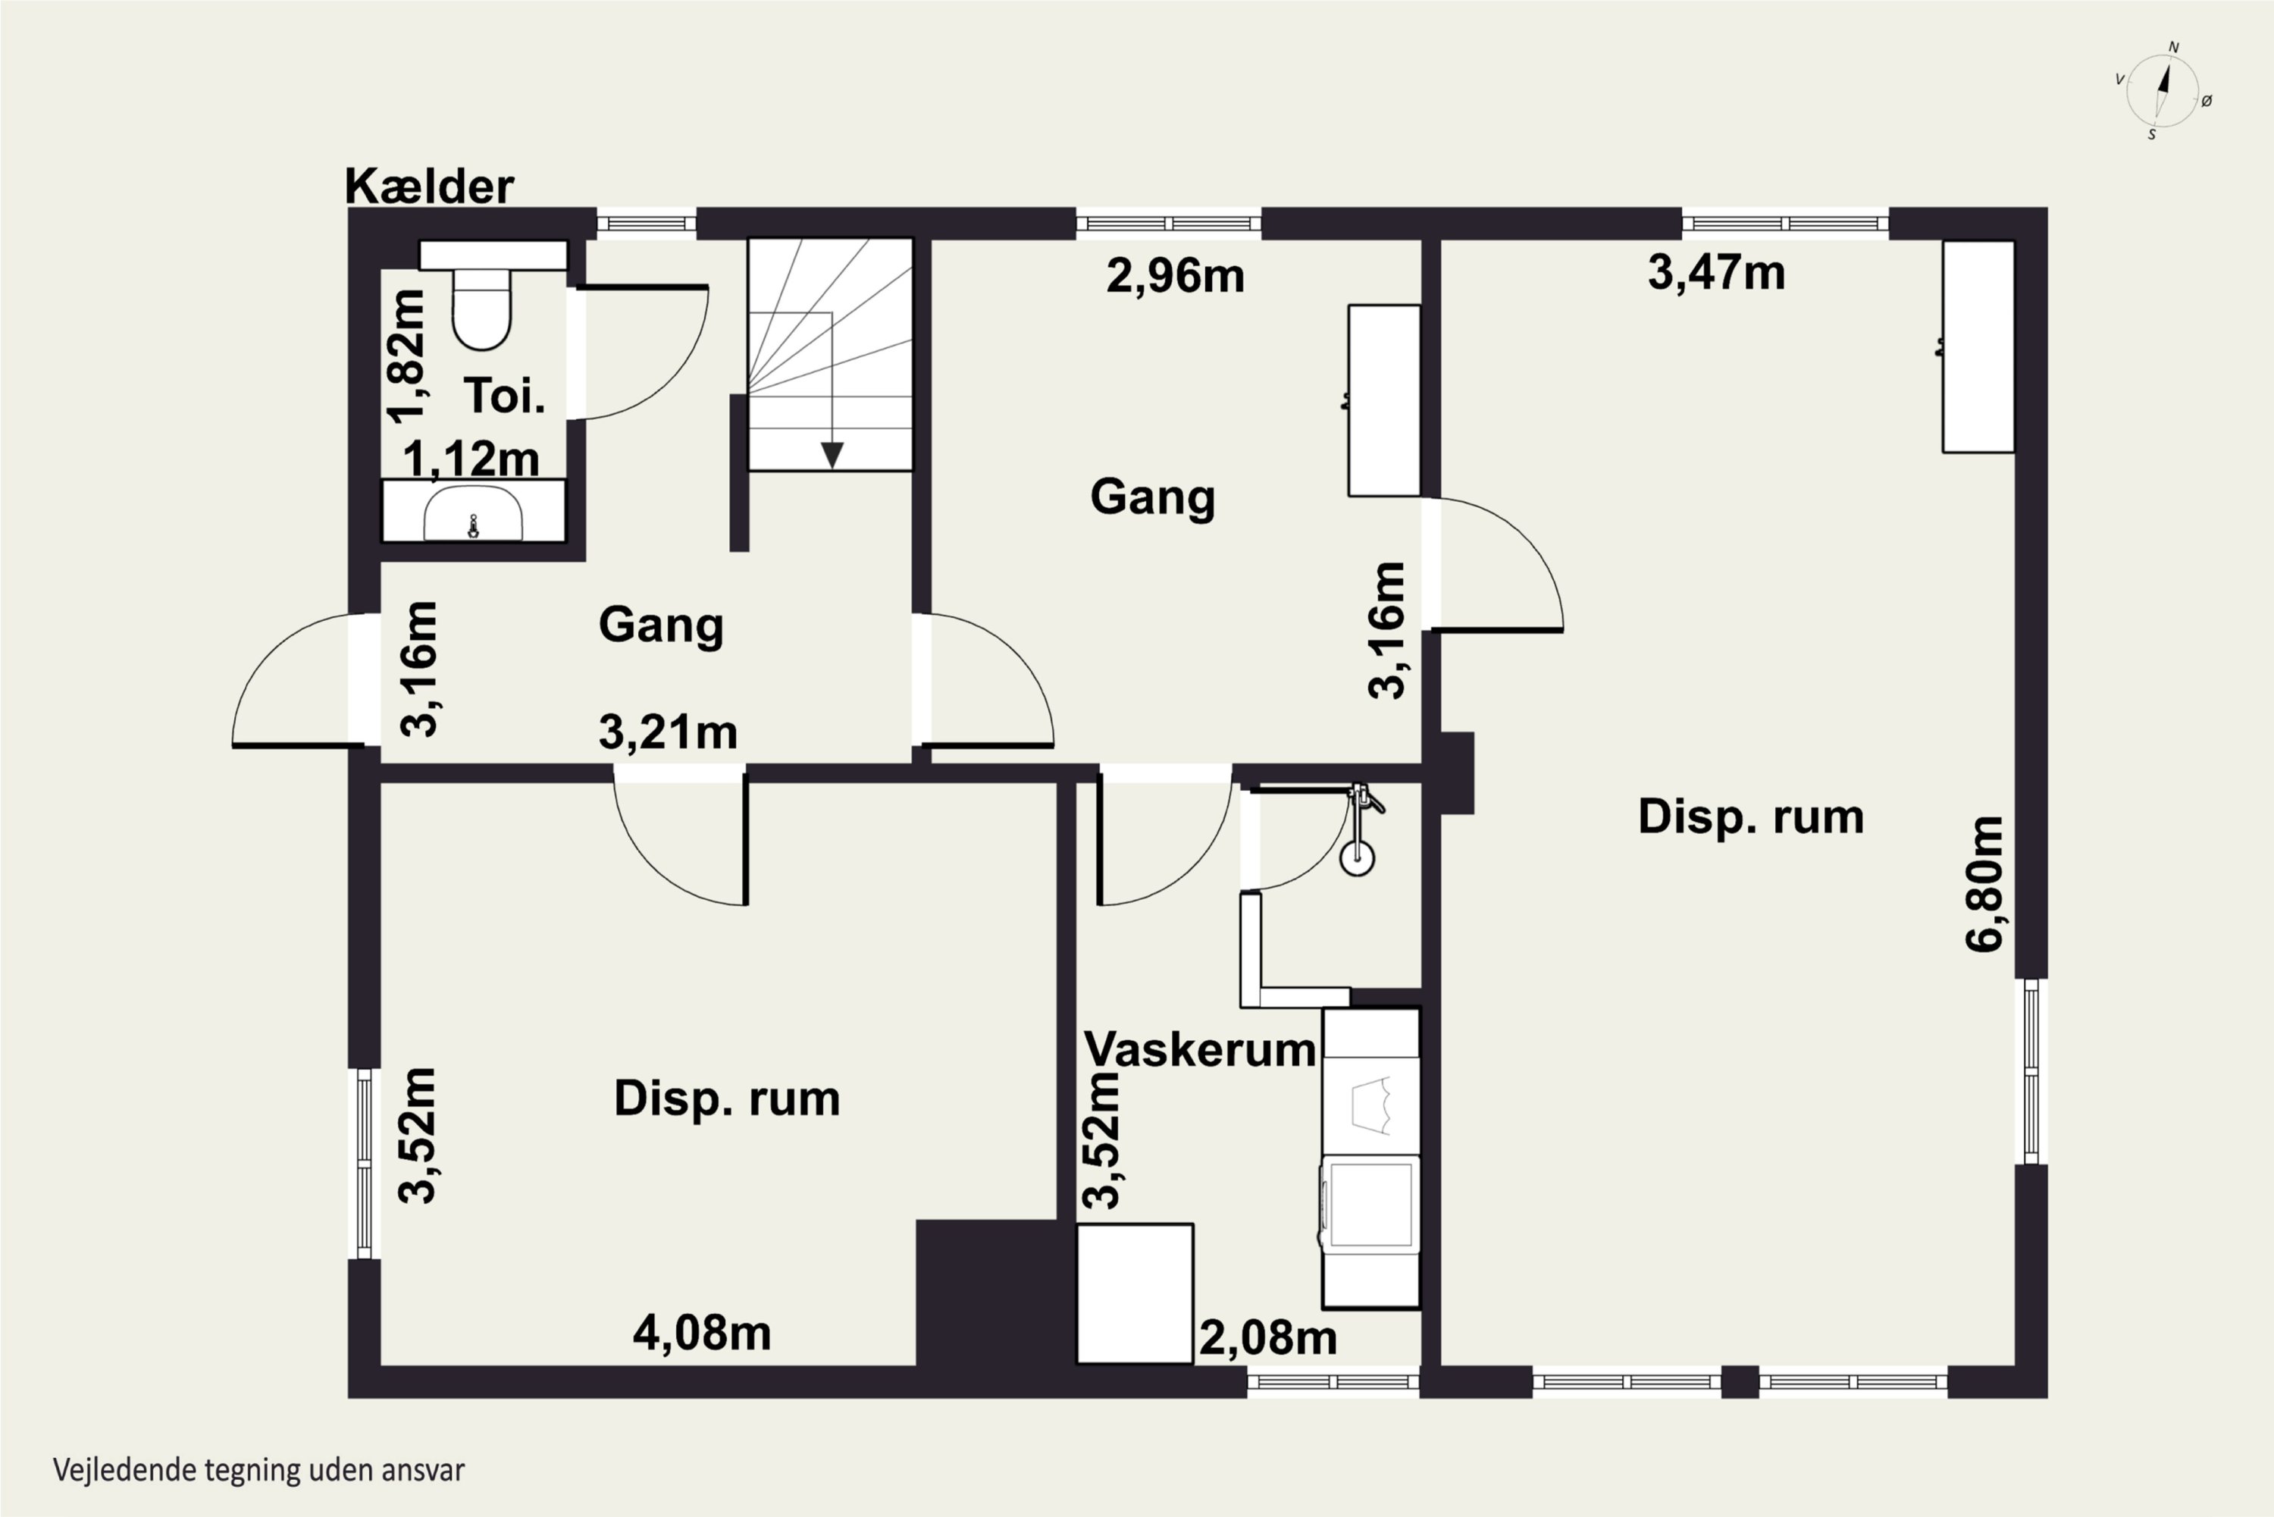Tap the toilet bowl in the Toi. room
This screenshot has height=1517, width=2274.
click(x=481, y=308)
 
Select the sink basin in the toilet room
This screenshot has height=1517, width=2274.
click(x=473, y=512)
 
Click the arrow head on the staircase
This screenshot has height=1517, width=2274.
click(x=832, y=455)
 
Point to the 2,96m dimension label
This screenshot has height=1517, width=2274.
click(x=1175, y=277)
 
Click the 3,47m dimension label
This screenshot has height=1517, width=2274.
click(x=1716, y=273)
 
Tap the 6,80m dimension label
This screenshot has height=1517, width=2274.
click(x=1984, y=883)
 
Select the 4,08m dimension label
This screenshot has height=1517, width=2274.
click(x=702, y=1334)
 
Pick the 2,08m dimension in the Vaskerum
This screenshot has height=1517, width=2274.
click(x=1268, y=1339)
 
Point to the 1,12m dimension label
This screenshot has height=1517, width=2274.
click(x=471, y=459)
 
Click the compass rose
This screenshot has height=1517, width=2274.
click(x=2163, y=91)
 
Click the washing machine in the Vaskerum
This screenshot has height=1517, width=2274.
click(x=1369, y=1205)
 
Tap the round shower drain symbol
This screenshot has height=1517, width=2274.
click(x=1357, y=855)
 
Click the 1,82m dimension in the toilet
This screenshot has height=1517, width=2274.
click(x=406, y=357)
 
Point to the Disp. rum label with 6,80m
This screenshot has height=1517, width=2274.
click(x=1751, y=817)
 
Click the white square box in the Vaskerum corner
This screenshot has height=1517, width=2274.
click(x=1135, y=1293)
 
